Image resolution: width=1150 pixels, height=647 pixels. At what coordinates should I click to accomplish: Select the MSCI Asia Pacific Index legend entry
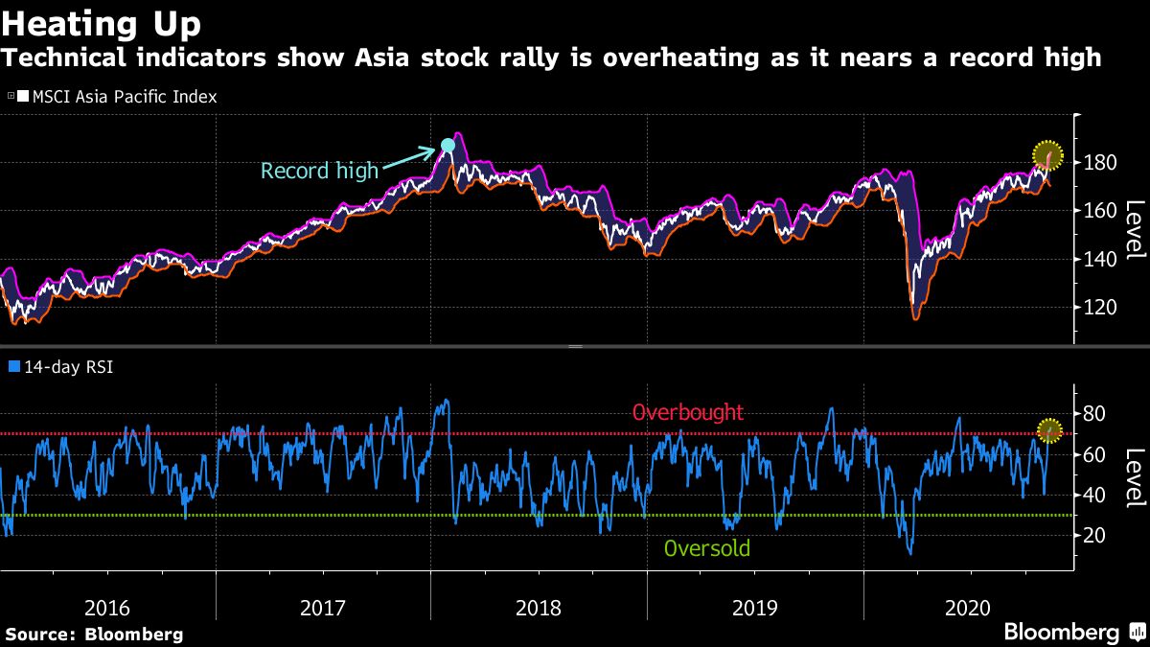click(x=113, y=97)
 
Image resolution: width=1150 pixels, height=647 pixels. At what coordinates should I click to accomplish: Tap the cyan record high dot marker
click(x=448, y=146)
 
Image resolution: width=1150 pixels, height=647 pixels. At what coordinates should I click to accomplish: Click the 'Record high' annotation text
click(x=319, y=172)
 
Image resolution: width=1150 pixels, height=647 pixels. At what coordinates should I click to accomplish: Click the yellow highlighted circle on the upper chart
click(x=1049, y=154)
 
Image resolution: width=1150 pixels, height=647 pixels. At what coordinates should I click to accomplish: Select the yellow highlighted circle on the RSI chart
click(x=1050, y=431)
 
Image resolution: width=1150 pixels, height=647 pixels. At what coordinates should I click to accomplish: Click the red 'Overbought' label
click(x=687, y=413)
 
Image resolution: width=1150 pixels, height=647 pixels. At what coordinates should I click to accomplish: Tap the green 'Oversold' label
click(x=706, y=549)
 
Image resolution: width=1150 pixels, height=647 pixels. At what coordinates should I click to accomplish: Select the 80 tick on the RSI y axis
click(x=1093, y=414)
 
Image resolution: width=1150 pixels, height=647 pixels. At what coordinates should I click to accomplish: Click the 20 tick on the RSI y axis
click(x=1093, y=536)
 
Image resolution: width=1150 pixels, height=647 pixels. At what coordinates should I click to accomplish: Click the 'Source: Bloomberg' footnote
click(x=94, y=634)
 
